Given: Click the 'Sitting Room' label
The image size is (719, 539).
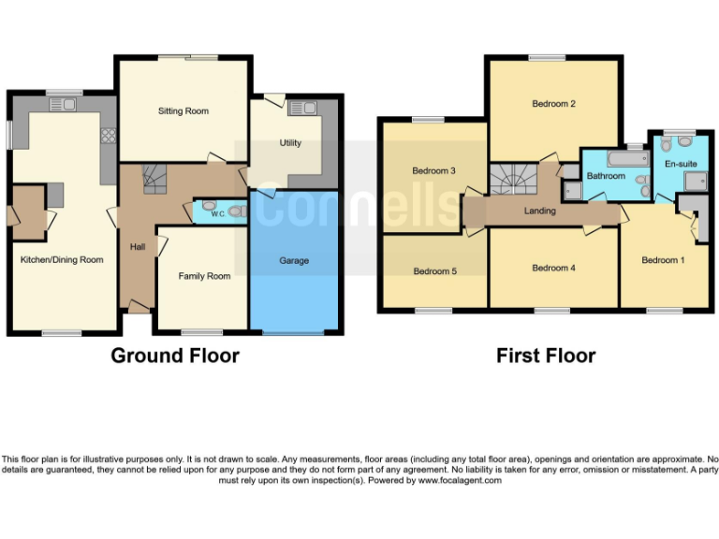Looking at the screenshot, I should point(183,111).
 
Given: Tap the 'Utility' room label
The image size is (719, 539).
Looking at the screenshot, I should point(290,143).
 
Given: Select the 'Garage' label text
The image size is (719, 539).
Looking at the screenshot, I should point(293,260).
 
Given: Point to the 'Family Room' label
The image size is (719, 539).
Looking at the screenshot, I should point(204,276).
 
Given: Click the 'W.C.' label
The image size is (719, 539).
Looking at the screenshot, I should point(217,213).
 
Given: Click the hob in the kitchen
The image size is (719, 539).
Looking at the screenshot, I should point(108,136).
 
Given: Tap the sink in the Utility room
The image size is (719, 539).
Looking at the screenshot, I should point(304,109).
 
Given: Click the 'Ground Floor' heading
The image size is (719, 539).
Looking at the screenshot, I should point(175,356).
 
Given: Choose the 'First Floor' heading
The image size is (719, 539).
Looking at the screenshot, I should point(546,356).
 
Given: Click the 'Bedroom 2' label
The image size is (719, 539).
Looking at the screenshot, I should point(553,104).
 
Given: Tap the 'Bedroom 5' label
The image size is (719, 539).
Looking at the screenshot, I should point(435,271).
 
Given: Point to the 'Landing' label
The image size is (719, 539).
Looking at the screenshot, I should point(540,211).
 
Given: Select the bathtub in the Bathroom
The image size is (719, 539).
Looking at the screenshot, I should point(626,158).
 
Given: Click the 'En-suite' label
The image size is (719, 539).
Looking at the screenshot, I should point(681,164).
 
